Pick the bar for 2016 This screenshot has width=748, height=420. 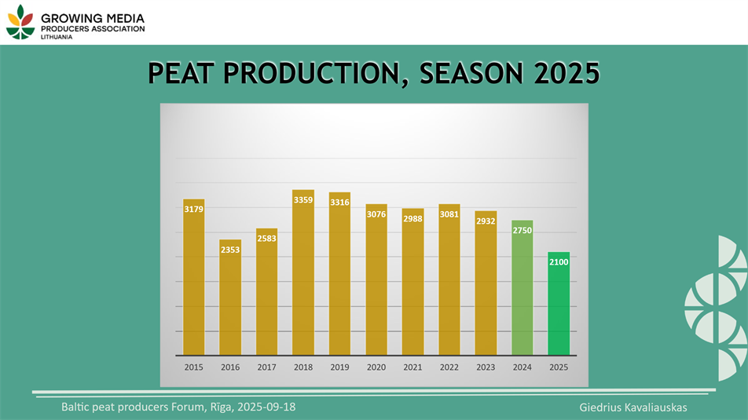tap(230, 298)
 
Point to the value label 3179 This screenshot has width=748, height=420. tap(193, 209)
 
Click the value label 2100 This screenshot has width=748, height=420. tap(559, 261)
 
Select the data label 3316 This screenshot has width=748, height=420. tap(339, 203)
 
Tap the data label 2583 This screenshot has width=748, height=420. tap(266, 238)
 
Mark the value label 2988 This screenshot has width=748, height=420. tap(412, 218)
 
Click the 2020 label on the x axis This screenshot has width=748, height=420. tap(376, 367)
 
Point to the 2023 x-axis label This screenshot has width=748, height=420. tap(486, 367)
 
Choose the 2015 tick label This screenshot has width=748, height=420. tap(193, 367)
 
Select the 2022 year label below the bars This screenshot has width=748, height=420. tap(449, 367)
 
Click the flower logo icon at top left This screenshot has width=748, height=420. tap(20, 21)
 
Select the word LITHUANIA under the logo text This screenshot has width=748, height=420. tap(57, 37)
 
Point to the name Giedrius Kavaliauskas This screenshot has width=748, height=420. tap(632, 407)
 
